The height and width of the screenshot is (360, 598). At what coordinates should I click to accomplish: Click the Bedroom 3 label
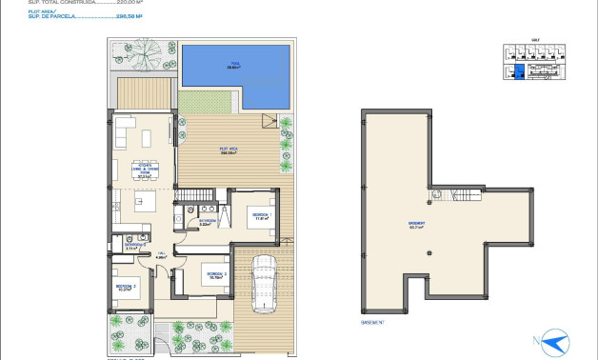[x=125, y=286]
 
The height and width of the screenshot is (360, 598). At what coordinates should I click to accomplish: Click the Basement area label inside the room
[x=416, y=225]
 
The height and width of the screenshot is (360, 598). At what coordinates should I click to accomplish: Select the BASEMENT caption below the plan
[x=373, y=322]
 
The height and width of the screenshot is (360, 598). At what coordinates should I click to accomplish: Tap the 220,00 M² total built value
[x=130, y=3]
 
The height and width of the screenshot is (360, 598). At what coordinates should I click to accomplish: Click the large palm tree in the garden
[x=144, y=53]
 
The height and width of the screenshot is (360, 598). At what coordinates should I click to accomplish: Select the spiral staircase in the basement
[x=435, y=195]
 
